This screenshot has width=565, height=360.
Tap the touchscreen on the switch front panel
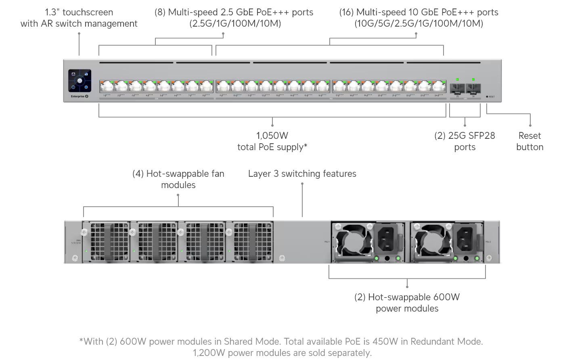[x=80, y=80]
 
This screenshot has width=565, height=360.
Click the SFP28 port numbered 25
[x=457, y=88]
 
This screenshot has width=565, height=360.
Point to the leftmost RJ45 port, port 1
[x=107, y=86]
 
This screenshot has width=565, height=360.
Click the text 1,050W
[x=272, y=136]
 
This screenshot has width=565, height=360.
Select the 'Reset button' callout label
[x=529, y=141]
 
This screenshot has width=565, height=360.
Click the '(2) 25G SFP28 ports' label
[x=465, y=141]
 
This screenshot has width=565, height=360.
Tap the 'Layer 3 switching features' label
[x=302, y=174]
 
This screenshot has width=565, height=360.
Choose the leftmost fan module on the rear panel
[x=107, y=241]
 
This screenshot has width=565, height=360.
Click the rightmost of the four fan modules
[x=249, y=241]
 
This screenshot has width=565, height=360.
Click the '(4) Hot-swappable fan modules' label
[x=178, y=179]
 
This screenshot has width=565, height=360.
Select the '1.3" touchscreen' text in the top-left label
[x=79, y=12]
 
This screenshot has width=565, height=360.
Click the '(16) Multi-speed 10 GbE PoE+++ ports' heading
[x=419, y=12]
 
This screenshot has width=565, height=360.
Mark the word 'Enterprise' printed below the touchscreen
[x=77, y=97]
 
